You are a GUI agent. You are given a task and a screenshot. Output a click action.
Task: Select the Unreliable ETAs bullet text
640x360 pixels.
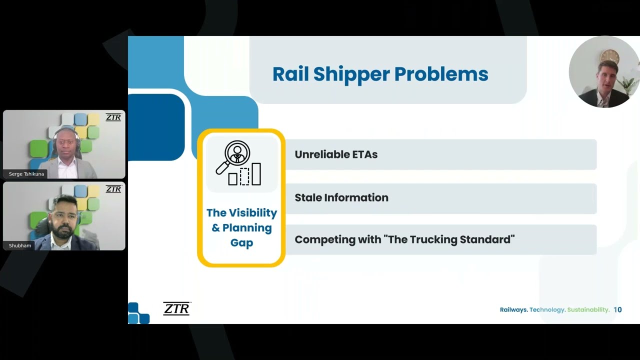[x=336, y=154]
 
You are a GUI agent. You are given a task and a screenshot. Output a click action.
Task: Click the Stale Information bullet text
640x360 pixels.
[x=341, y=197]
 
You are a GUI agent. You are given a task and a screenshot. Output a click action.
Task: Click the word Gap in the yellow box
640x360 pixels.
[x=241, y=243]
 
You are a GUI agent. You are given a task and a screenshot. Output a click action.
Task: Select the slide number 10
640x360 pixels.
[x=617, y=309]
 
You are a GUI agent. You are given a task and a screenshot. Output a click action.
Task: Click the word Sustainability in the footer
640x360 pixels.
[x=588, y=309]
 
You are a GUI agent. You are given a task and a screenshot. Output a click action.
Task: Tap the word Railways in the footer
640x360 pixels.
[x=513, y=309]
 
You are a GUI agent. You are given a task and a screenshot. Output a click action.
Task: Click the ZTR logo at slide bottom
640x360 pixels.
[x=176, y=308]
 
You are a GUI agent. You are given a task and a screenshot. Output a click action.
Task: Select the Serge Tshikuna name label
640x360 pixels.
[x=26, y=174]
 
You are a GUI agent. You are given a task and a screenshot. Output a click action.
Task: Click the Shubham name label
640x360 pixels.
[x=20, y=245]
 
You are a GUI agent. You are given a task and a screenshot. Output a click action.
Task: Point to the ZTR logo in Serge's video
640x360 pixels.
[x=113, y=117]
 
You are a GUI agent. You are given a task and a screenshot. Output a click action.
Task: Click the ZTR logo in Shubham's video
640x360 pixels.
[x=113, y=189]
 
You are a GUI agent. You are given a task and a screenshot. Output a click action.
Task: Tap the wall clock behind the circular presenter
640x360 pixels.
[x=609, y=56]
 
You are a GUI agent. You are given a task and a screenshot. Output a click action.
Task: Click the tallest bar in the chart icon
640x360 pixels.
[x=256, y=173]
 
